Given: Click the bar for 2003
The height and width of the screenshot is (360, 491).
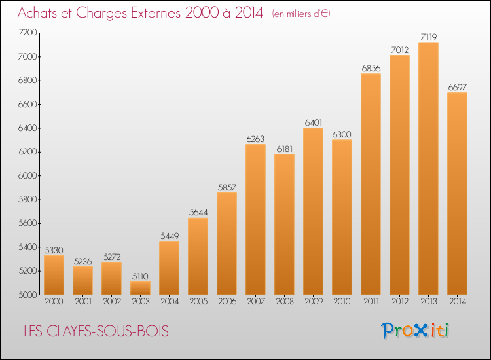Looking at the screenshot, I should click(x=140, y=288).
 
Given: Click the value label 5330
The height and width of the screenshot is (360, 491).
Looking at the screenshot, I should click(x=54, y=250).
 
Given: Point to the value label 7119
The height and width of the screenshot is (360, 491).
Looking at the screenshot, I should click(x=428, y=37).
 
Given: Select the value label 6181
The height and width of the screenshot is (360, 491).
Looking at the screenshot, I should click(x=284, y=149).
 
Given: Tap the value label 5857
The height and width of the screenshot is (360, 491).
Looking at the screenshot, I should click(x=227, y=188).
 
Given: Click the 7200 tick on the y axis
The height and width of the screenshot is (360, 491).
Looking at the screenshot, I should click(x=27, y=33).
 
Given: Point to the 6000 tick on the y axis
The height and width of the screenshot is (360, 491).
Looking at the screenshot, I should click(x=27, y=175).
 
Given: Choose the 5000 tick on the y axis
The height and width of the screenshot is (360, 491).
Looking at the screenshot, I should click(x=27, y=295).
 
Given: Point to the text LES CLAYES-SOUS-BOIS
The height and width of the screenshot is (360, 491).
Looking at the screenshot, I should click(x=96, y=332).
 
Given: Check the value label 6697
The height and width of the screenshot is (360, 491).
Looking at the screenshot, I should click(x=457, y=88).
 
